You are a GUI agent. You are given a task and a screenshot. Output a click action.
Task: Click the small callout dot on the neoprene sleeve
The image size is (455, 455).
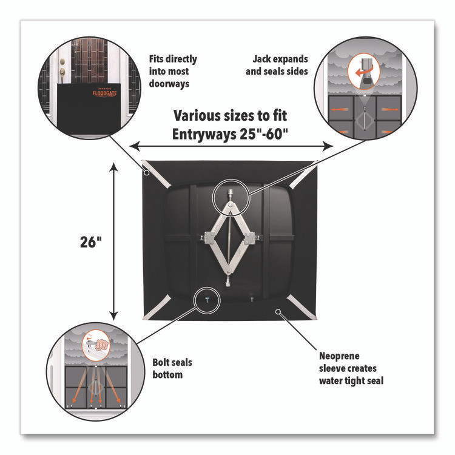278,312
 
